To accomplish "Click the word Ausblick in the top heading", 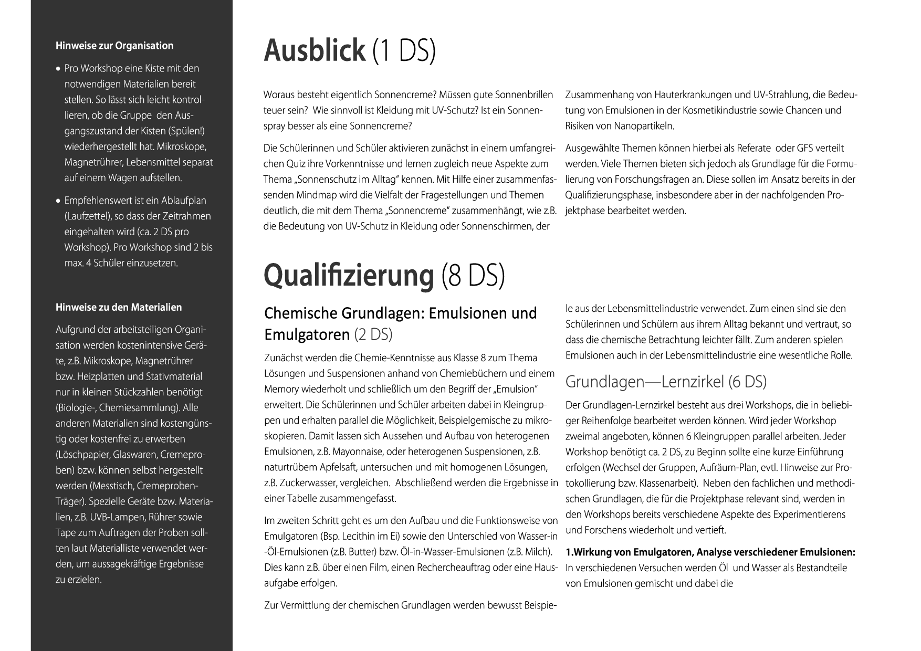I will [313, 51].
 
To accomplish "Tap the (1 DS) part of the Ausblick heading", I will [404, 51].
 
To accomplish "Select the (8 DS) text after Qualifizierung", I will [473, 275].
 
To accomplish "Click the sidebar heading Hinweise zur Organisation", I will [114, 46].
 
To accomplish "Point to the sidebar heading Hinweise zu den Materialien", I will [119, 307].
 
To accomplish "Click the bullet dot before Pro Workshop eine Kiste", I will [58, 69].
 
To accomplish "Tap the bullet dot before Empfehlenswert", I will [58, 201].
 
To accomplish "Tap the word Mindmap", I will [316, 195].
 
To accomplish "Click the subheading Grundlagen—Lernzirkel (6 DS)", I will [666, 382].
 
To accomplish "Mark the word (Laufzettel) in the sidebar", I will [88, 216].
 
